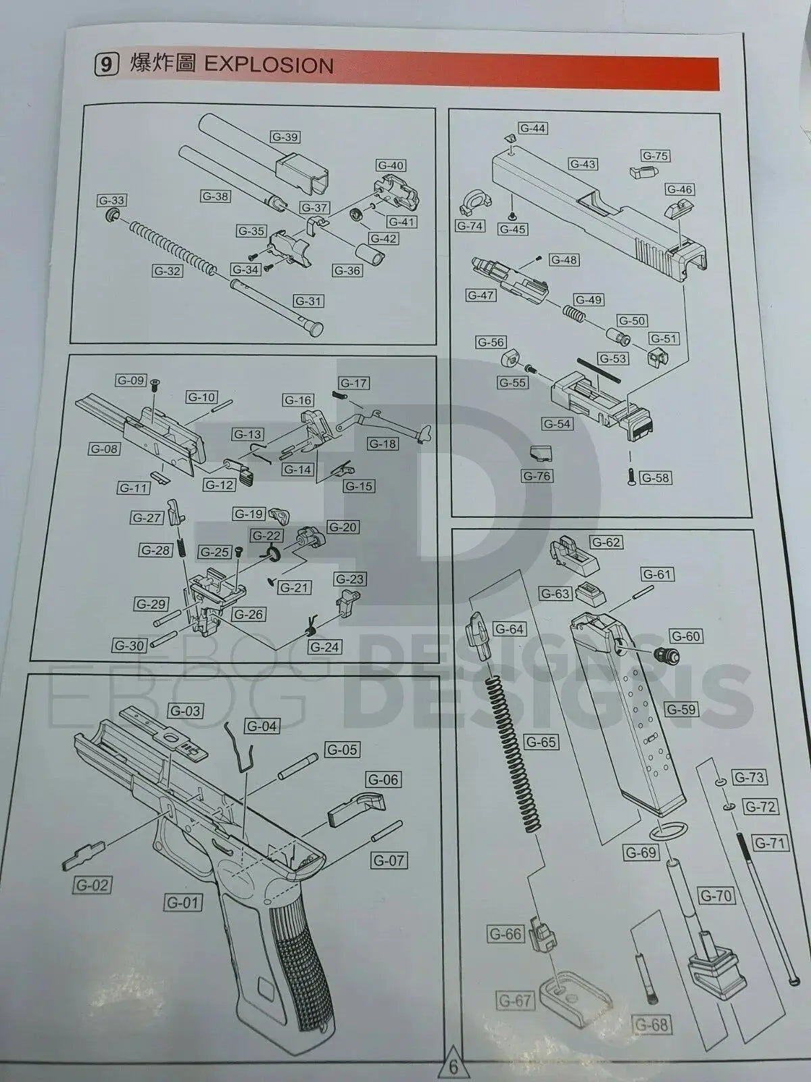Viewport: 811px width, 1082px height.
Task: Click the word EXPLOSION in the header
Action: pyautogui.click(x=268, y=65)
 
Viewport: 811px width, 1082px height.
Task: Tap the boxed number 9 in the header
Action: pyautogui.click(x=106, y=65)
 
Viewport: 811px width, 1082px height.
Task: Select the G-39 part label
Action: pyautogui.click(x=285, y=137)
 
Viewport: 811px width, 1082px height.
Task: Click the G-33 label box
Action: pyautogui.click(x=112, y=200)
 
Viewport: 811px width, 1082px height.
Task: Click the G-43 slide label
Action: pyautogui.click(x=583, y=164)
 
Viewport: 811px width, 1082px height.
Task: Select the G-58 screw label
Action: pyautogui.click(x=654, y=478)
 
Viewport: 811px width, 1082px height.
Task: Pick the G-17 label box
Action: pyautogui.click(x=353, y=383)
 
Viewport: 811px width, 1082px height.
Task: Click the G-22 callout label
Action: pyautogui.click(x=266, y=536)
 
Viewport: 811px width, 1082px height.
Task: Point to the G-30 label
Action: pyautogui.click(x=129, y=645)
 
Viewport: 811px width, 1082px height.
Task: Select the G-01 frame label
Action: pyautogui.click(x=183, y=902)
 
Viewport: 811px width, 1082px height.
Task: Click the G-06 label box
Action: pyautogui.click(x=383, y=780)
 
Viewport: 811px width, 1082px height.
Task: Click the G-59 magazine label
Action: pyautogui.click(x=681, y=709)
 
